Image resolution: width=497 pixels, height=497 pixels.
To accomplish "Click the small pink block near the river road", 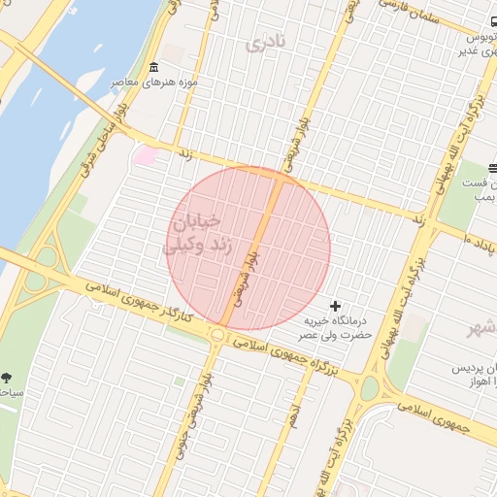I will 146,154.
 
